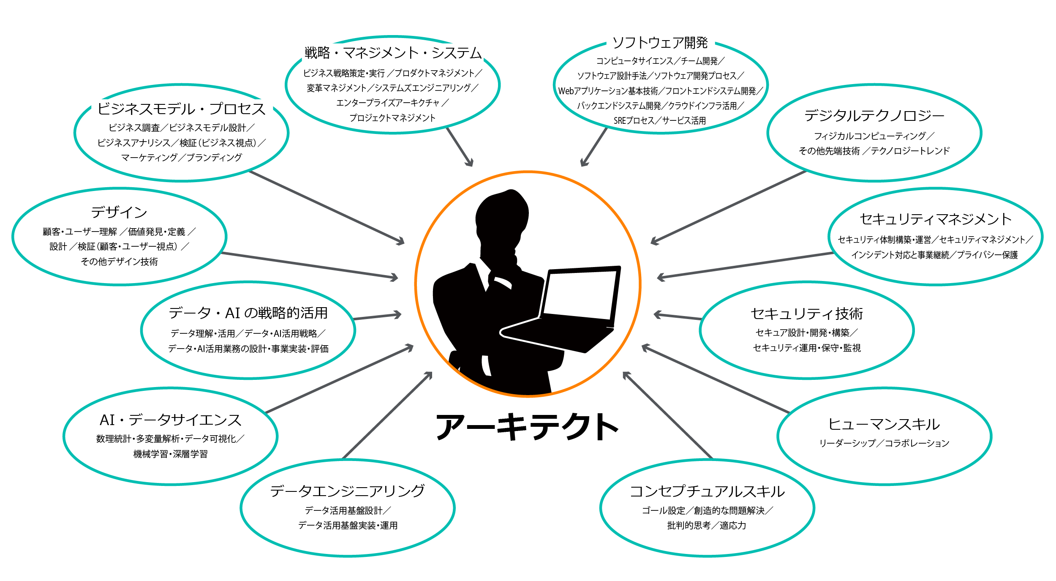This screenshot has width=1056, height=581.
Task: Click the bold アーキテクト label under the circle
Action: (527, 426)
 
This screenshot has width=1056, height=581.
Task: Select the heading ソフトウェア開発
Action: (660, 42)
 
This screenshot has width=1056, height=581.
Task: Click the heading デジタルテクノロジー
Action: (874, 115)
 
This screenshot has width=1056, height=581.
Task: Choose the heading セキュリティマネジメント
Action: (936, 219)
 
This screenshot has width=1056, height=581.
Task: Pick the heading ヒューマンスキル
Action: (884, 424)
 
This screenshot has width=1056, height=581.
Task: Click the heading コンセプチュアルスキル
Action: (707, 491)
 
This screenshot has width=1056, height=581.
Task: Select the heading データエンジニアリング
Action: (347, 491)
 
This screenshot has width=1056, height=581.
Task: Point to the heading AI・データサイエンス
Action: (170, 420)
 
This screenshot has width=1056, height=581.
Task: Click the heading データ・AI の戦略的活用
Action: (248, 313)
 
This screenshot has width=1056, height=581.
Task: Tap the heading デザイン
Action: (119, 212)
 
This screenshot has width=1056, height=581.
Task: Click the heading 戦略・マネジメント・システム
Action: (393, 53)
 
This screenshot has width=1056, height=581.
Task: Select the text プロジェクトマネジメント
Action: (392, 118)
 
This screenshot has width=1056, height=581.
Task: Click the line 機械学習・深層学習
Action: (170, 454)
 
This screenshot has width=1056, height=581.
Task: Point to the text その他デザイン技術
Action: (119, 262)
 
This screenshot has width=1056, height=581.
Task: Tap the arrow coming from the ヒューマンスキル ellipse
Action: (716, 379)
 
